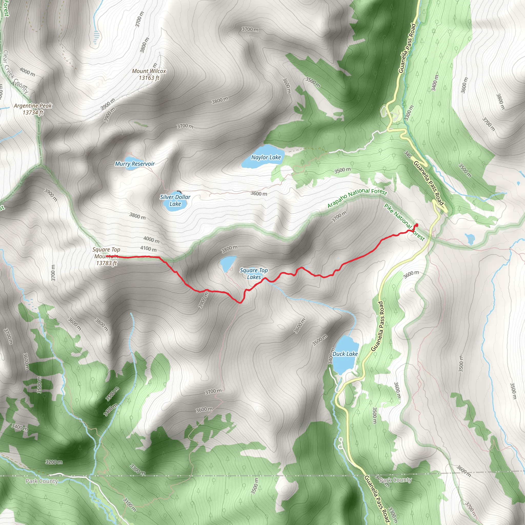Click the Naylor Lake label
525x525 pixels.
266,157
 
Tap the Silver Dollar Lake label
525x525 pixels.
175,200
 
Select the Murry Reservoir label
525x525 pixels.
135,164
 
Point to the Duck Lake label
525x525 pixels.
345,354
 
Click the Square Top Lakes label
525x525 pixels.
254,274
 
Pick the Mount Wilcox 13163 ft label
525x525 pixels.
149,74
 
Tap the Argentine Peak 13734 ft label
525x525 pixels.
33,109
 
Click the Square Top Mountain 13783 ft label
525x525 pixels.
106,256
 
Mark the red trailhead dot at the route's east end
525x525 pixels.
417,225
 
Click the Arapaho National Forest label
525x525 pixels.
357,198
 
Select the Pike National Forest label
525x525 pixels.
404,222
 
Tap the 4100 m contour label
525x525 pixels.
148,249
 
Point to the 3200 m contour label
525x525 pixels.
54,462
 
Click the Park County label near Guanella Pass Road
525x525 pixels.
395,480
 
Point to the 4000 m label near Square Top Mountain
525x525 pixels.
151,240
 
